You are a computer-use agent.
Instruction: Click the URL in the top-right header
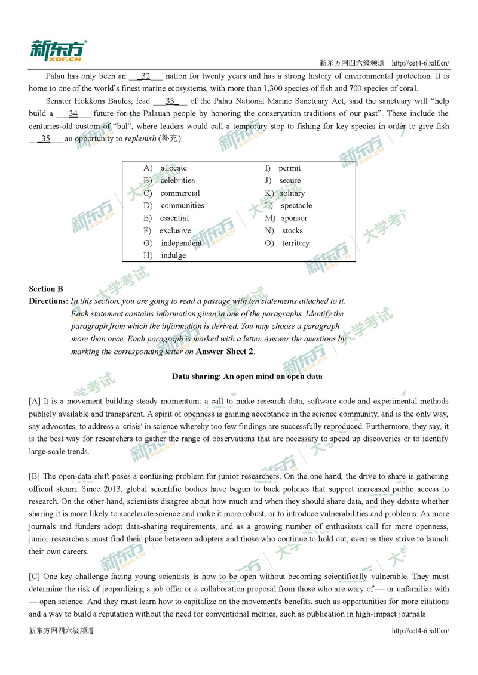[x=420, y=63]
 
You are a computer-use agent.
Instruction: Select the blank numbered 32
[x=146, y=76]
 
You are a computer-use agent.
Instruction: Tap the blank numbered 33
[x=170, y=101]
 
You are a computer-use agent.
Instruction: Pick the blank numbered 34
[x=73, y=114]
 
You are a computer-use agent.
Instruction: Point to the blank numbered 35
[x=45, y=139]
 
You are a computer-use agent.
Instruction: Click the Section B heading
[x=46, y=289]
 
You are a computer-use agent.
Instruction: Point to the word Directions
[x=48, y=301]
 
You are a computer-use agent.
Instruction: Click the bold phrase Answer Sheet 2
[x=225, y=352]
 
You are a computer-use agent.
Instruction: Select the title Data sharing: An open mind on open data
[x=247, y=377]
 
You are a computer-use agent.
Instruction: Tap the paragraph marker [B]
[x=35, y=476]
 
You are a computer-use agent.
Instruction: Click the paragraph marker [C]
[x=35, y=577]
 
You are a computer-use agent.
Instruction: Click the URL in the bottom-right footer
[x=420, y=631]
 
